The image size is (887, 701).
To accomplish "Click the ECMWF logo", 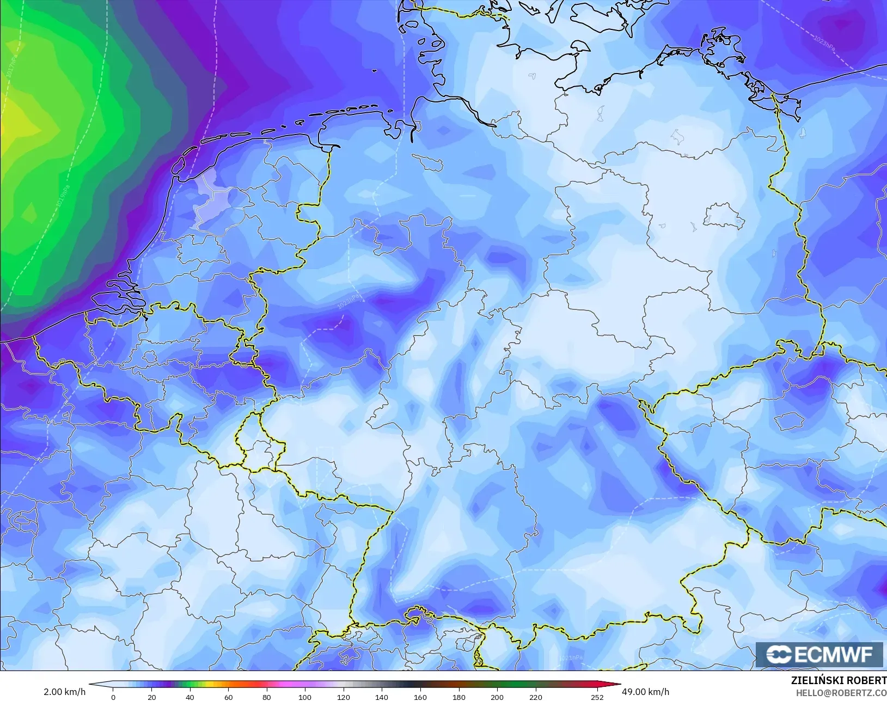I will [x=819, y=654].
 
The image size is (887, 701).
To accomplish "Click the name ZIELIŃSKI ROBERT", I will [x=839, y=681].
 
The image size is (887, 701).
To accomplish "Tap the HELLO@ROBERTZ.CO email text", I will [x=841, y=693].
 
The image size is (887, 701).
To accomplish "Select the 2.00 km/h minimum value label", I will [x=64, y=692].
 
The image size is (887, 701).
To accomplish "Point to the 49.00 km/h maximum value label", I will [x=645, y=692].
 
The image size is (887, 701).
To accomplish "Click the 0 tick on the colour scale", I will [x=113, y=697].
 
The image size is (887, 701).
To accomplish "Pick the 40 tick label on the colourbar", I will [x=189, y=697].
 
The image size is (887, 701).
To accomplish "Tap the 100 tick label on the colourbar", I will [x=305, y=697].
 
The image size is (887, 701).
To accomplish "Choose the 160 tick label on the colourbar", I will [x=420, y=697].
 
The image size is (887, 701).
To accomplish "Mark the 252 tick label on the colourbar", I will [x=597, y=697].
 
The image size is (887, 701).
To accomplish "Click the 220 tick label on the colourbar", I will [x=536, y=697].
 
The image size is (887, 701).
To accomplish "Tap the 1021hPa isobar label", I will [x=571, y=658].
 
